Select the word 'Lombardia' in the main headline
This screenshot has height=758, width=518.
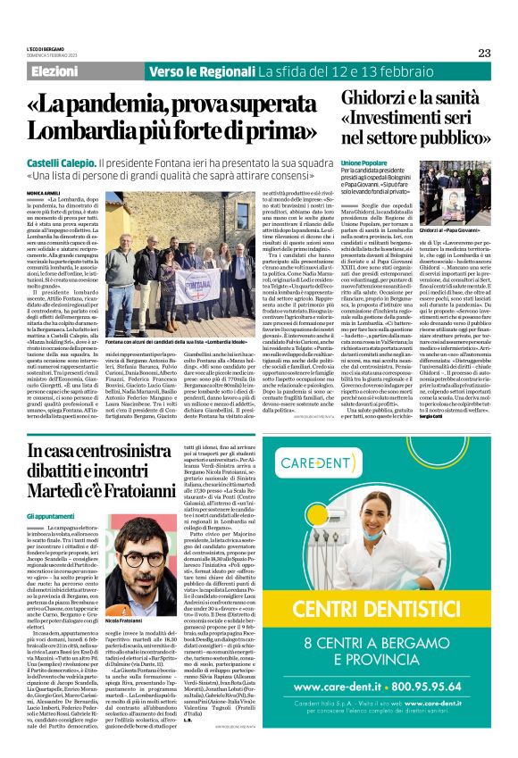click(x=99, y=129)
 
